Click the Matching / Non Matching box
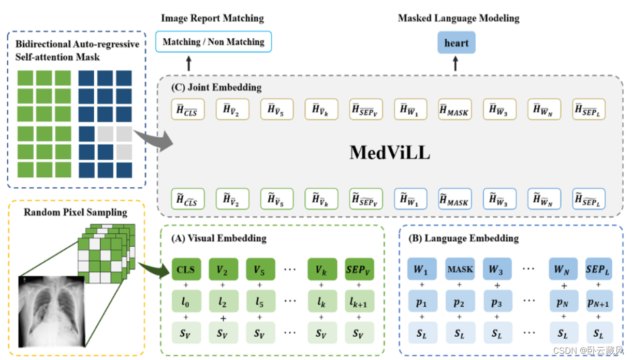pyautogui.click(x=213, y=42)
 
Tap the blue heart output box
pyautogui.click(x=456, y=43)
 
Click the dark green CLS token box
pyautogui.click(x=186, y=269)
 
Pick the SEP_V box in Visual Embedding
pyautogui.click(x=358, y=269)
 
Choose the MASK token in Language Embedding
pyautogui.click(x=460, y=269)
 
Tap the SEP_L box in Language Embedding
pyautogui.click(x=599, y=269)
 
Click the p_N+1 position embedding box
pyautogui.click(x=599, y=301)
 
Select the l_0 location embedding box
pyautogui.click(x=186, y=301)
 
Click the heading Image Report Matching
pyautogui.click(x=212, y=19)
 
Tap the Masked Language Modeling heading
pyautogui.click(x=459, y=19)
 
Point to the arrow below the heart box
pyautogui.click(x=455, y=64)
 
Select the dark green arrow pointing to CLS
pyautogui.click(x=154, y=267)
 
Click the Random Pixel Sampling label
pyautogui.click(x=76, y=212)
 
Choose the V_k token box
pyautogui.click(x=322, y=269)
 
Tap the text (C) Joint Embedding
pyautogui.click(x=216, y=87)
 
